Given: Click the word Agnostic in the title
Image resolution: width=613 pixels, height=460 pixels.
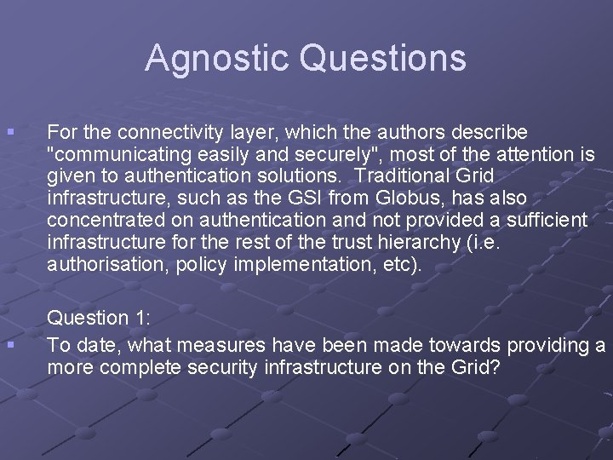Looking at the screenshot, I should [x=218, y=59].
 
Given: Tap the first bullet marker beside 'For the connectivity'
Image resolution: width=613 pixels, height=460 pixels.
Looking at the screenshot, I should [x=9, y=133].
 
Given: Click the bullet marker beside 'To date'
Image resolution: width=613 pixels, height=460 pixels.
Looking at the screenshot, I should [x=9, y=345].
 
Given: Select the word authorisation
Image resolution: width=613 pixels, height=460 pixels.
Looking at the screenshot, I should [x=106, y=266].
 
